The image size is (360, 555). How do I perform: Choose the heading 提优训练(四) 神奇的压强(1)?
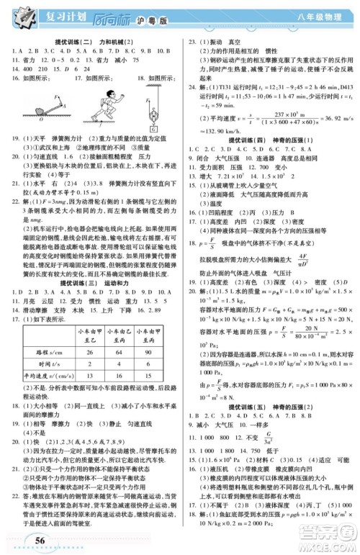point(270,119)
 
